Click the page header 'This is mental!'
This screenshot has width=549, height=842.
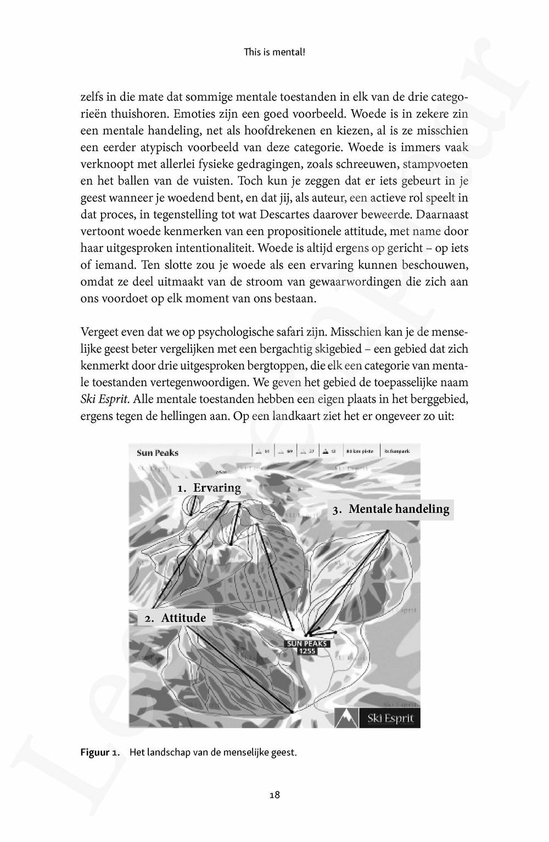[x=274, y=53]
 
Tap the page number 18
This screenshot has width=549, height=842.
[x=275, y=794]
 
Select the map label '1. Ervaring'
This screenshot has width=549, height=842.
[x=209, y=488]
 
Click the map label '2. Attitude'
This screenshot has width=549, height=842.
[x=175, y=618]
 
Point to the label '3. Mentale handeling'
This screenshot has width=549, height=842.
[x=391, y=509]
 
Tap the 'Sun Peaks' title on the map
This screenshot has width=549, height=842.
[x=158, y=453]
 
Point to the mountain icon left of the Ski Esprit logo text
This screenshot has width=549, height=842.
[x=346, y=718]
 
